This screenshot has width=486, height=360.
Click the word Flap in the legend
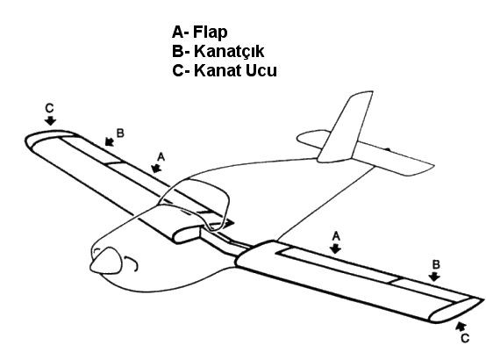coord(211,32)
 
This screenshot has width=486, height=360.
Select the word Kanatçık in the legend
coord(229,51)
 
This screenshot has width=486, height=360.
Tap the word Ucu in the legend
coord(261,70)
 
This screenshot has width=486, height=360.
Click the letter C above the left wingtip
coord(49,108)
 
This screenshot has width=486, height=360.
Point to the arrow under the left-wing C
coord(50,120)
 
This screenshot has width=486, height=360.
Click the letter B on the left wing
coord(120,133)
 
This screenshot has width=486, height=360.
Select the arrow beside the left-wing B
coord(110,141)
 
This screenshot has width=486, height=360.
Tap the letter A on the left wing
coord(161,157)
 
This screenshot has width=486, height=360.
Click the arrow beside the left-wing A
coord(156,169)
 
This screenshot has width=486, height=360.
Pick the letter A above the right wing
coord(336,236)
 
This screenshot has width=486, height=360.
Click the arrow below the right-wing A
coord(335,248)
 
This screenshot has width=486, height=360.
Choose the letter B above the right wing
coord(436,264)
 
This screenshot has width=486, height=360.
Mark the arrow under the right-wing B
coord(435,277)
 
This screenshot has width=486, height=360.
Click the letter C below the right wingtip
coord(465,338)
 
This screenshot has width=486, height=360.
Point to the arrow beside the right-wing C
coord(461,327)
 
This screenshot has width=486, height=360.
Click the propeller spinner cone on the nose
coord(106,262)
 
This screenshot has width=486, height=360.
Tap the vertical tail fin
coord(346,126)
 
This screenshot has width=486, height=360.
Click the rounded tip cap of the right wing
coord(456,309)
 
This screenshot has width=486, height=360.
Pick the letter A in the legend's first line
coord(178,32)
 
